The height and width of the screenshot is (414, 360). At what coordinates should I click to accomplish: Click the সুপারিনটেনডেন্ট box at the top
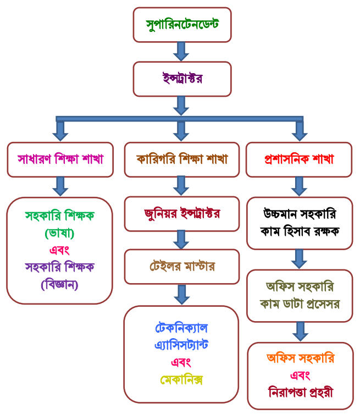click(182, 24)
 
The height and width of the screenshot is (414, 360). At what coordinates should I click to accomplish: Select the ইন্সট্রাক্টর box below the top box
click(182, 79)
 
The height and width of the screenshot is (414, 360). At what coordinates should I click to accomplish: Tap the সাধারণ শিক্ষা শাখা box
click(60, 159)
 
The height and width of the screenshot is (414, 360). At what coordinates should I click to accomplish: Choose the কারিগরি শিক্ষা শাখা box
click(181, 159)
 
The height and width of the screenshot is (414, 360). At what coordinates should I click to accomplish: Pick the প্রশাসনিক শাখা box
click(299, 159)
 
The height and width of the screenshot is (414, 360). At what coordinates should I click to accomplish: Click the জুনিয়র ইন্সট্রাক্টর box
click(181, 213)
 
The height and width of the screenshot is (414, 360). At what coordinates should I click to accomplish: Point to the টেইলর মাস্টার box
click(181, 267)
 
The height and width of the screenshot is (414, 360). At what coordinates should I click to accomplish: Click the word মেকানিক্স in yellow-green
click(181, 380)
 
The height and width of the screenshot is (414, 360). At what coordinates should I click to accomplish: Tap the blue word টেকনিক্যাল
click(181, 328)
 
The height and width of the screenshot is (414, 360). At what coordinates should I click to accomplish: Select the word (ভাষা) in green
click(59, 233)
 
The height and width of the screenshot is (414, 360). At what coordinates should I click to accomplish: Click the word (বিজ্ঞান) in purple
click(59, 284)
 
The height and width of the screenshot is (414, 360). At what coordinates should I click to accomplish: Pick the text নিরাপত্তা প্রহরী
click(300, 393)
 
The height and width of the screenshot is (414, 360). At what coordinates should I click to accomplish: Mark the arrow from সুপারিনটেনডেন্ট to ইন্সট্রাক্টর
click(181, 52)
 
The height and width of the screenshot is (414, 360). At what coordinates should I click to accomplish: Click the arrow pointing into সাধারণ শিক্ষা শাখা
click(60, 131)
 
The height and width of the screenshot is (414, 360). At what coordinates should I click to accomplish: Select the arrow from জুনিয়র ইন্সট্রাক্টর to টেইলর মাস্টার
click(181, 240)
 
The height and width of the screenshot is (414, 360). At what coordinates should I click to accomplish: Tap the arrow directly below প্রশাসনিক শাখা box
click(299, 186)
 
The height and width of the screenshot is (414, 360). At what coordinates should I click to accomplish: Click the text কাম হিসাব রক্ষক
click(300, 230)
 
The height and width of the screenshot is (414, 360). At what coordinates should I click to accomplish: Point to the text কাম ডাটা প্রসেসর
click(300, 303)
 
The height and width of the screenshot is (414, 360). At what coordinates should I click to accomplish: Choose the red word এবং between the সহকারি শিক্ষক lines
click(59, 250)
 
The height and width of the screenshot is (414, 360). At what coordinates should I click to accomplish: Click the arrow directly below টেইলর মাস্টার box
click(181, 294)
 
